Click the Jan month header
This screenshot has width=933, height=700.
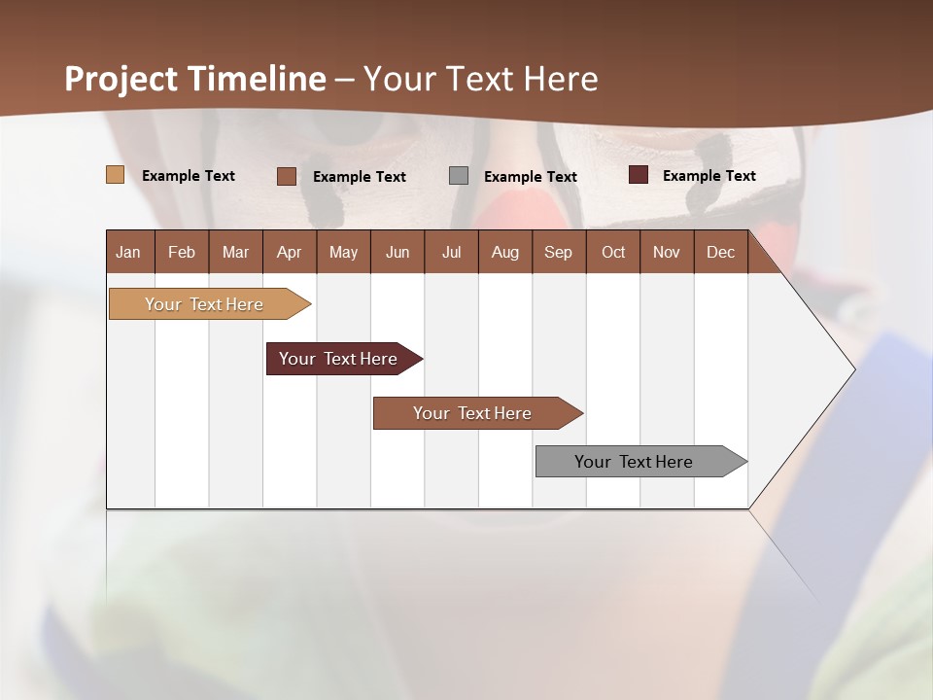click(x=129, y=252)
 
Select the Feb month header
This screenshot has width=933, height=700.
click(x=182, y=252)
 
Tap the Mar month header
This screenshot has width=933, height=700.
click(x=235, y=252)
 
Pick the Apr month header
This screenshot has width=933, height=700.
click(x=289, y=252)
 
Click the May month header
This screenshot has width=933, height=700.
click(x=343, y=252)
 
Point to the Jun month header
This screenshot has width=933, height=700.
click(x=397, y=252)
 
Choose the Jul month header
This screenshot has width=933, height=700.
click(x=451, y=252)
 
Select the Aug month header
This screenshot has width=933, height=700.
click(x=504, y=252)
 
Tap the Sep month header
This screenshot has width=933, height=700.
click(x=558, y=252)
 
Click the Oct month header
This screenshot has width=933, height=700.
click(x=613, y=252)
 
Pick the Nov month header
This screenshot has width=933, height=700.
click(x=667, y=252)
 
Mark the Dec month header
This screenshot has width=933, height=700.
click(x=720, y=252)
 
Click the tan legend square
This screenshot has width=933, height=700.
click(x=115, y=175)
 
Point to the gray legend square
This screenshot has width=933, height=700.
click(x=459, y=176)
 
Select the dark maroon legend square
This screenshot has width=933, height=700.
click(x=639, y=175)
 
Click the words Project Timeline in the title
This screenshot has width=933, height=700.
click(x=195, y=79)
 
